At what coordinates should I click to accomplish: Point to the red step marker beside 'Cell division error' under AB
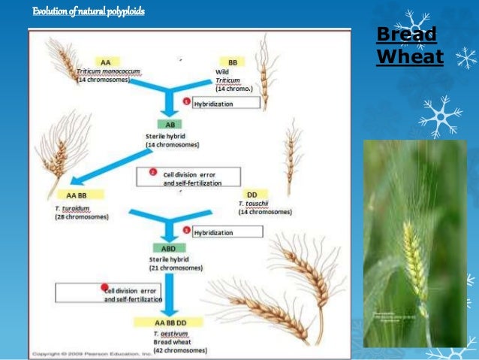pos(152,171)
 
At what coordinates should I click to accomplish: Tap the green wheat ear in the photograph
pos(414,263)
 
